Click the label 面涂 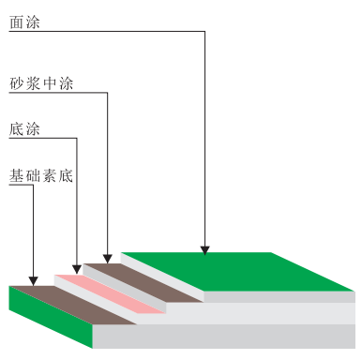click(x=24, y=19)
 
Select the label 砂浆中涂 click(x=41, y=83)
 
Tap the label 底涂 click(x=24, y=128)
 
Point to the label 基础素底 click(x=41, y=174)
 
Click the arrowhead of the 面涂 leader click(x=204, y=249)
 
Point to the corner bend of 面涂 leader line click(x=204, y=33)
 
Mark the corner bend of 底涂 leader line click(x=76, y=139)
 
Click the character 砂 click(x=16, y=83)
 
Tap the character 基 click(x=16, y=174)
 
